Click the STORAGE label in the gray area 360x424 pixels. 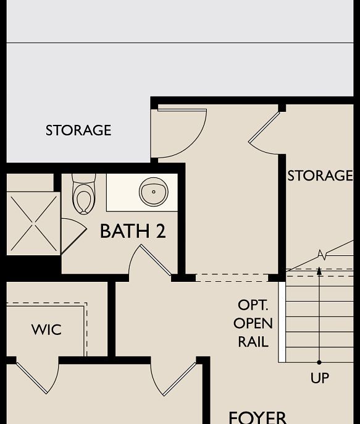coord(78,130)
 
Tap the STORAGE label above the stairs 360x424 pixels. coord(320,176)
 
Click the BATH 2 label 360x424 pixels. coord(133,231)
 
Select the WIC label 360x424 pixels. coord(46,329)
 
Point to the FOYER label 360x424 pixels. coord(257,417)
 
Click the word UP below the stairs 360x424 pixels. coord(319,378)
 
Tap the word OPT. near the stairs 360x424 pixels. coord(253,305)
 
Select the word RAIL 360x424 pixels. coord(253,342)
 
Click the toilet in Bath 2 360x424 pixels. coord(83,194)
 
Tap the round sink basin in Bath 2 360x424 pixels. coord(153,192)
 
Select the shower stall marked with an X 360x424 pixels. coord(33,223)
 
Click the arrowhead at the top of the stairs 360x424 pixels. coord(319,271)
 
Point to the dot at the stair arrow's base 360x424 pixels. coord(319,362)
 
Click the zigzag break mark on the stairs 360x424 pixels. coord(322,254)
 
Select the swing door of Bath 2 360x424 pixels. coord(155,260)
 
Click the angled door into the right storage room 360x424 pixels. coord(264,129)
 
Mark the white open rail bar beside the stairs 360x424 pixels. coord(282,322)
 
